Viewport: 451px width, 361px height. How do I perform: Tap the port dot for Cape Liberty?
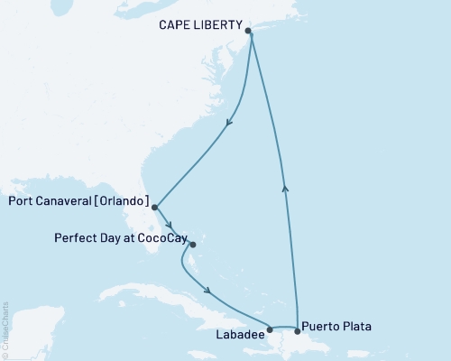click(249, 31)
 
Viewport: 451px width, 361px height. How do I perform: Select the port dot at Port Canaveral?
click(155, 207)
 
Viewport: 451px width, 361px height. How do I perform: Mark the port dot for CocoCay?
click(192, 241)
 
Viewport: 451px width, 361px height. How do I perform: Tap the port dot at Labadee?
click(270, 330)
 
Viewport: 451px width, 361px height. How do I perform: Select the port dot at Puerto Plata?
click(298, 331)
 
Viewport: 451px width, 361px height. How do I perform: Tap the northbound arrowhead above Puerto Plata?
click(286, 187)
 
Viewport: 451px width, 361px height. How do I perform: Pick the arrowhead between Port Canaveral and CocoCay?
click(169, 227)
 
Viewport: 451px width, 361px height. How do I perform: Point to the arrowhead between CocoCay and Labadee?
click(209, 291)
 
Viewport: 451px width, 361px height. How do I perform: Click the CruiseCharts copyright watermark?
click(5, 329)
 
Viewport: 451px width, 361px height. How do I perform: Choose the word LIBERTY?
click(222, 26)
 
